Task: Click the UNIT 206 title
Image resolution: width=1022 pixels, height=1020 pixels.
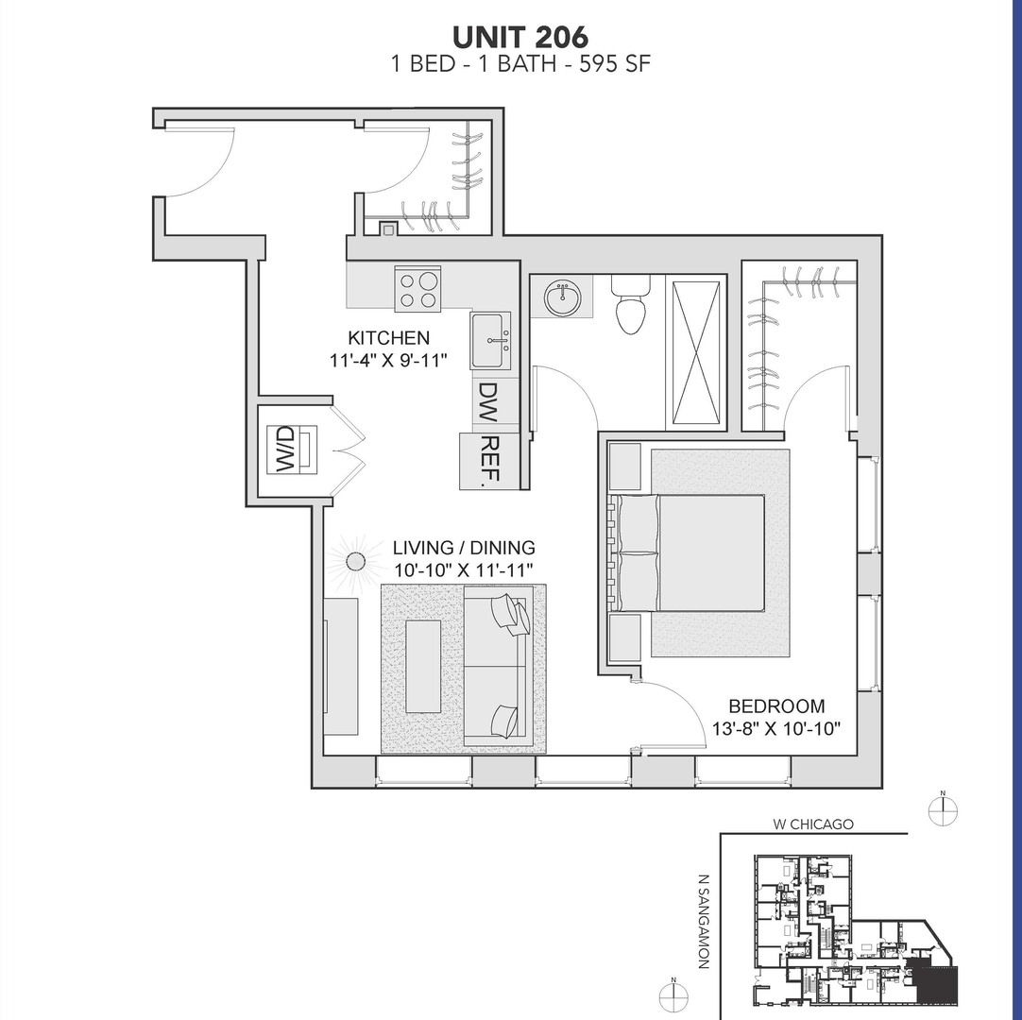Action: tap(520, 37)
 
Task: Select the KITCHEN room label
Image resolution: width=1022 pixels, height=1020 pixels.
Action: tap(388, 337)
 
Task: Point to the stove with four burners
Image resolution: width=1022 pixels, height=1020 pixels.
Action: tap(417, 289)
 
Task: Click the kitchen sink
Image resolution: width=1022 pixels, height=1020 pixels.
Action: tap(490, 341)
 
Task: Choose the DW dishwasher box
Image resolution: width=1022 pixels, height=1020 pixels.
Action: tap(488, 402)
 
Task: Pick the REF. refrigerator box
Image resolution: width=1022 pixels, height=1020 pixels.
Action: tap(488, 461)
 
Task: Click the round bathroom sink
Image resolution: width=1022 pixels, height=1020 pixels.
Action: tap(564, 297)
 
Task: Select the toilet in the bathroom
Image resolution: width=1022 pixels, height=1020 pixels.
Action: tap(630, 304)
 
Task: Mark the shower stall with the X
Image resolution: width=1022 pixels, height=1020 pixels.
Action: tap(696, 352)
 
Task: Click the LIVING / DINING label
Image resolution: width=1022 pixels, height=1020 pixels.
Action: tap(464, 548)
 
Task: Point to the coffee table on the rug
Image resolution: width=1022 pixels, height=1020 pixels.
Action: tap(423, 666)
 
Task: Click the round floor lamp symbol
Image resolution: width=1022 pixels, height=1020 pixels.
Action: tap(355, 562)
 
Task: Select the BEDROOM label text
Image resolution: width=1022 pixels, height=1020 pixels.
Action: tap(776, 705)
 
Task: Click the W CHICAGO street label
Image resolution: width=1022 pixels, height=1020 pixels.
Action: tap(812, 824)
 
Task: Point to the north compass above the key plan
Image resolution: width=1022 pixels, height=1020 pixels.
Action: tap(943, 809)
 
